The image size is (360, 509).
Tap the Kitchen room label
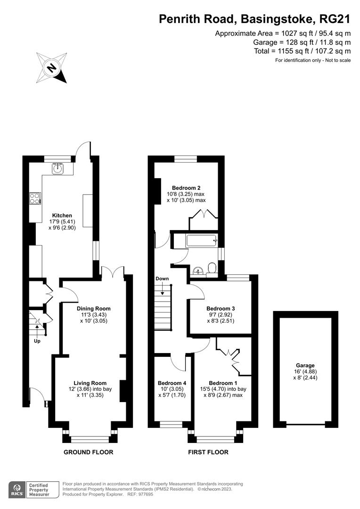(62, 215)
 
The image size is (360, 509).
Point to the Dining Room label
(93, 309)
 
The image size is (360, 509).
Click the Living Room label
(90, 383)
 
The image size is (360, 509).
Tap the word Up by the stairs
(37, 340)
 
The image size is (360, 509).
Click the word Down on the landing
(162, 279)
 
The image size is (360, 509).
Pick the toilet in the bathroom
(212, 268)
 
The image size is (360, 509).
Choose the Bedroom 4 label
(172, 383)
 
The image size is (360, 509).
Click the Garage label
(305, 365)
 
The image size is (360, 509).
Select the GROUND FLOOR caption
(89, 452)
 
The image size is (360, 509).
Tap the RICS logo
(18, 489)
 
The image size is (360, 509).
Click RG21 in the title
(335, 19)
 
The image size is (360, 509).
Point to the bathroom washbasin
(198, 271)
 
